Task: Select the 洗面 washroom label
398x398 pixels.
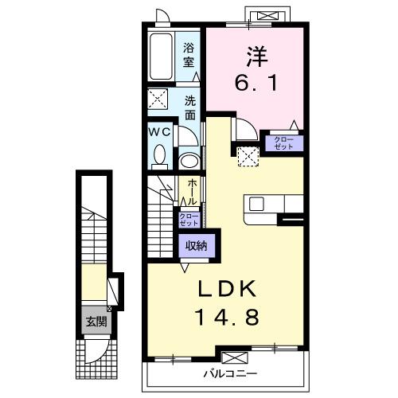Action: (x=191, y=107)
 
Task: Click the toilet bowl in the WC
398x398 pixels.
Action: (x=159, y=153)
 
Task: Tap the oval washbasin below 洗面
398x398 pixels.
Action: (x=189, y=160)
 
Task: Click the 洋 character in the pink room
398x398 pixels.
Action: (x=256, y=57)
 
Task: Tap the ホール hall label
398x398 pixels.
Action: (x=192, y=191)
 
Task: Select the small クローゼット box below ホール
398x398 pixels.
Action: (x=189, y=220)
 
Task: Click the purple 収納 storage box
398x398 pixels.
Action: (x=197, y=246)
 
